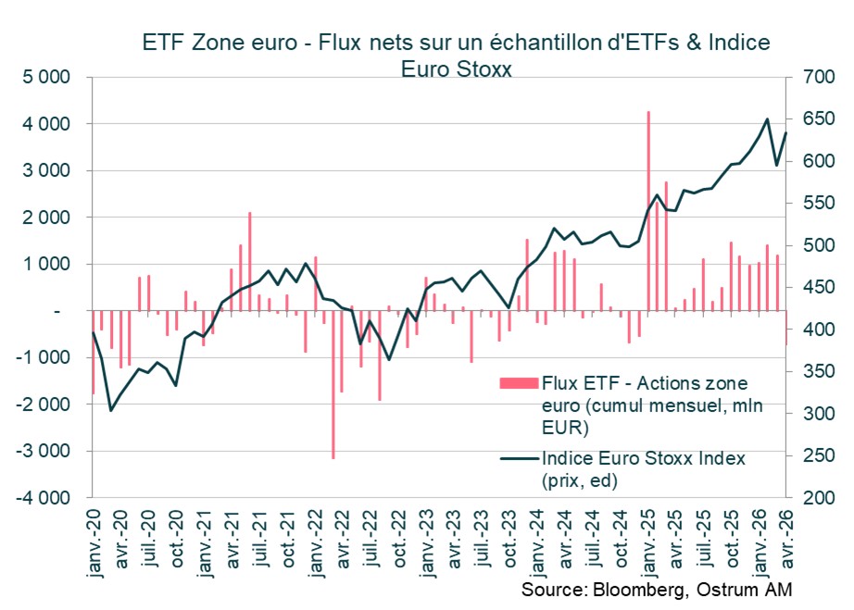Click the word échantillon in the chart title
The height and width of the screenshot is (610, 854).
(x=558, y=43)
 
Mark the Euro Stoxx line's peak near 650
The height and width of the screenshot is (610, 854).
(x=768, y=118)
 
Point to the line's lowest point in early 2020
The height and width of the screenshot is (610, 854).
(x=111, y=410)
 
